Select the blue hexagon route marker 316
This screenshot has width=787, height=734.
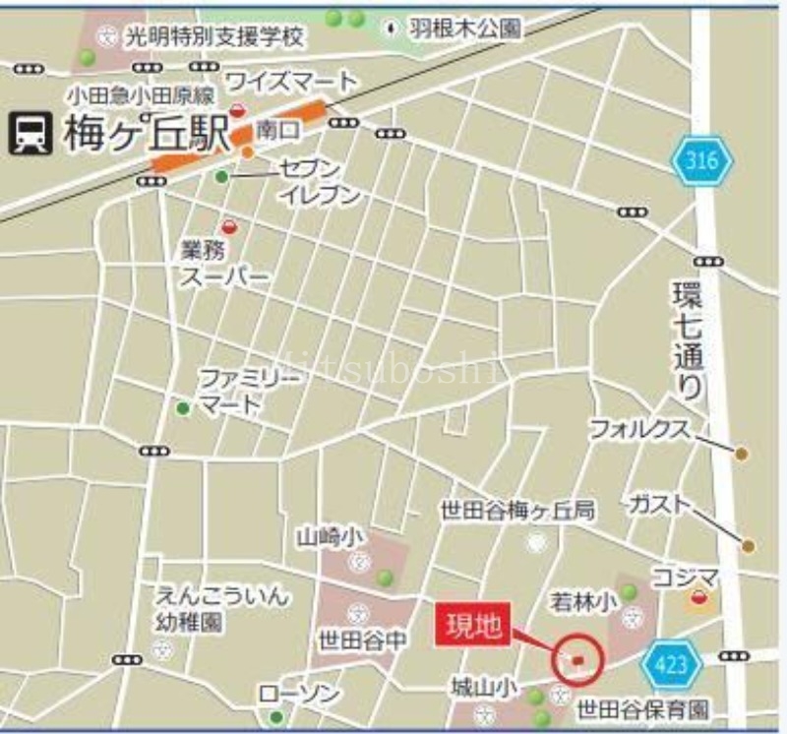coord(702,160)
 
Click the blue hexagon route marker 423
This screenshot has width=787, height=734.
coord(671,665)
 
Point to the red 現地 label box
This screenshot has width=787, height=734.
coord(473,627)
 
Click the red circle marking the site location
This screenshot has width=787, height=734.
coord(577,659)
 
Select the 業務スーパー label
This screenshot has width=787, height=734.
coord(223,264)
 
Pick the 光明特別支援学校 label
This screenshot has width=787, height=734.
coord(214,37)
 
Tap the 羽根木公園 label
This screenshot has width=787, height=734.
coord(464,29)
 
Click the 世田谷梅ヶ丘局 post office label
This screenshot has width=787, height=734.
coord(516,511)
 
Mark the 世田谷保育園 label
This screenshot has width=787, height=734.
coord(642,708)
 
